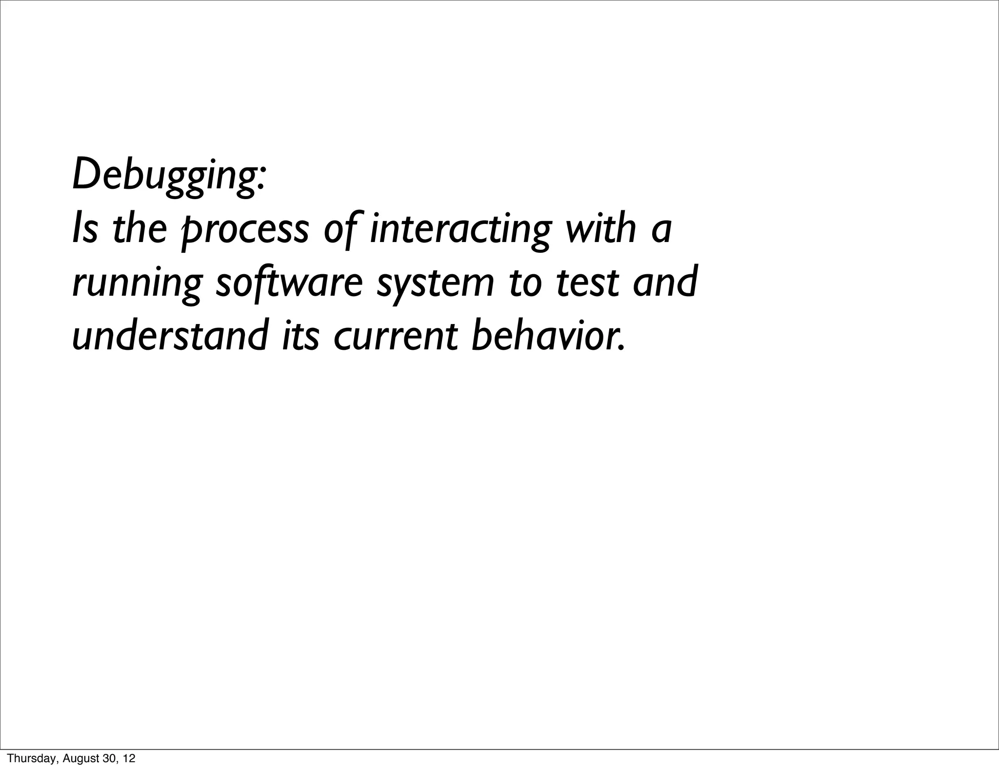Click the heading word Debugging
click(x=169, y=175)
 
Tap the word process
click(x=244, y=230)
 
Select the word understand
click(x=170, y=336)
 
